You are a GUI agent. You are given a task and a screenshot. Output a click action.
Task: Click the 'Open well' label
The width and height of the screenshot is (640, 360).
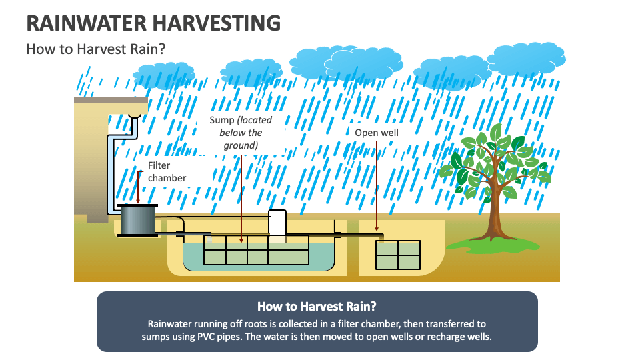[x=377, y=133]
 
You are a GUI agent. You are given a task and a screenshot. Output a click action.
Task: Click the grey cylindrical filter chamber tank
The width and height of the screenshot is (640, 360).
[x=139, y=220]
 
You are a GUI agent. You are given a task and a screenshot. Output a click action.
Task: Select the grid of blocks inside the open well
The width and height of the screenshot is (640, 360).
[x=398, y=255]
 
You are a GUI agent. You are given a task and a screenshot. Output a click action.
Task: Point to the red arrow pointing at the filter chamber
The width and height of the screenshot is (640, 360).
[x=138, y=186]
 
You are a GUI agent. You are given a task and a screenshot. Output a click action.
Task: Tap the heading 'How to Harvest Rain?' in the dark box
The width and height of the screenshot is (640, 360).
[x=317, y=307]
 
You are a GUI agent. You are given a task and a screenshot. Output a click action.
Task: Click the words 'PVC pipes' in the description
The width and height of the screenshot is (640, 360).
[x=219, y=337]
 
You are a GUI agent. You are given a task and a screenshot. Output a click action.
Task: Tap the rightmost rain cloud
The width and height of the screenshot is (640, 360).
[x=527, y=59]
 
